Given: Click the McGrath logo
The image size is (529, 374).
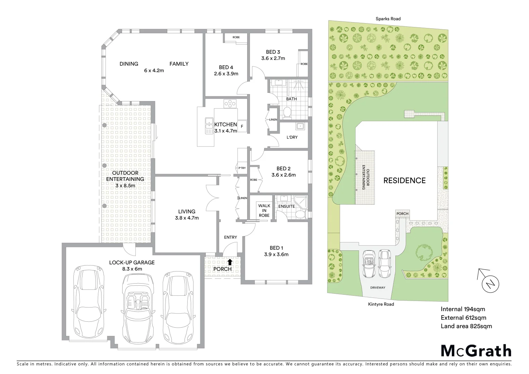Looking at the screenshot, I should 476,350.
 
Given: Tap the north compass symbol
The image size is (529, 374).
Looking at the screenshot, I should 490,284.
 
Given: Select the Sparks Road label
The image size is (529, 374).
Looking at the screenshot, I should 388,19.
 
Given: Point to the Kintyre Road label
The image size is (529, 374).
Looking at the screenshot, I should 381,304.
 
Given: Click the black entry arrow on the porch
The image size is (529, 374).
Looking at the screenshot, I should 230,262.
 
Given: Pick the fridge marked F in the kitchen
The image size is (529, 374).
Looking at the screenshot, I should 242,127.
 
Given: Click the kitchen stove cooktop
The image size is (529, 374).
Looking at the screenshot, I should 230,103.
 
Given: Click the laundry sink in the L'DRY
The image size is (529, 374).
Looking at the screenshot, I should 300,126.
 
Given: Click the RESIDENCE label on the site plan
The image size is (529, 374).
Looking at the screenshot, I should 404,180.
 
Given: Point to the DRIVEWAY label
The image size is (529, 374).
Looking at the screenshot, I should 377,287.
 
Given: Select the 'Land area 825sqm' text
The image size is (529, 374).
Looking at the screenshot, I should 466,326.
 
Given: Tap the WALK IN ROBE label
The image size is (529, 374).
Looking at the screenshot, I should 264,211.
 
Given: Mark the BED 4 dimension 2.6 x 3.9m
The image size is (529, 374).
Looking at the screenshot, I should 226,73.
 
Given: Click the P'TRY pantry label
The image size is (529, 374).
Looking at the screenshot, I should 242,168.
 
